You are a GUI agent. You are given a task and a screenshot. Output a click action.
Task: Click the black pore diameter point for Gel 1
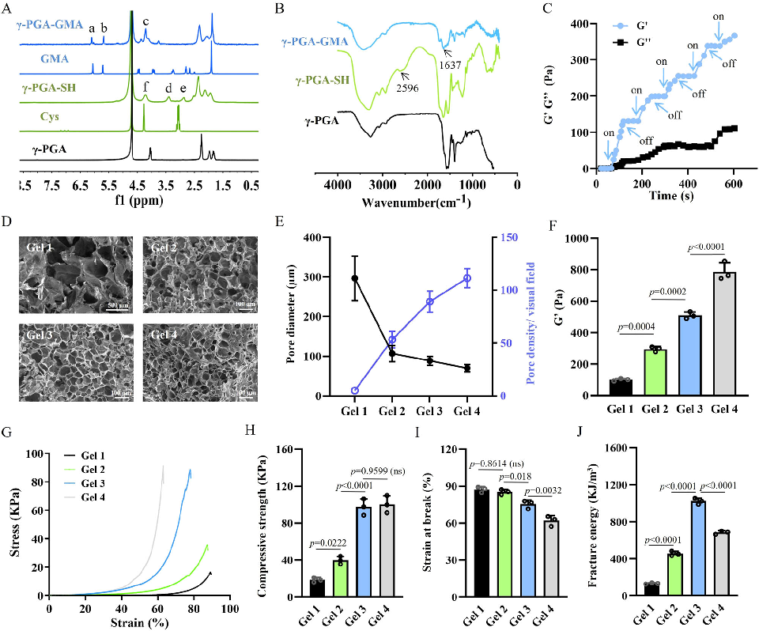[354, 278]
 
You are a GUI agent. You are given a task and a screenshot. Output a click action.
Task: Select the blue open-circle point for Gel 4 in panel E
[467, 278]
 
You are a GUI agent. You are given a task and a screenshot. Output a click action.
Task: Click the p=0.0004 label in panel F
[632, 326]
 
